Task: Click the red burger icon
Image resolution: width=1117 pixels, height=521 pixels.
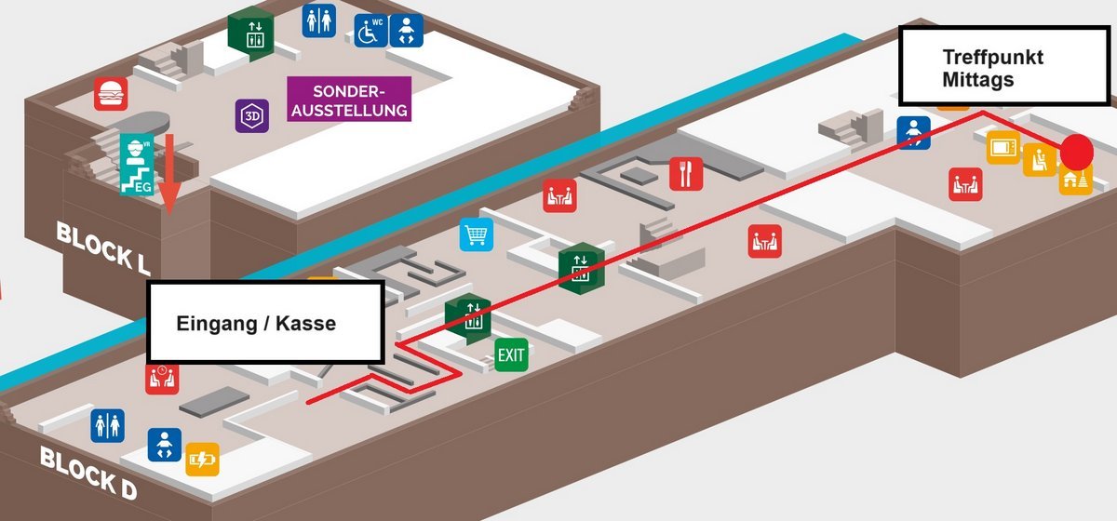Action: click(x=111, y=94)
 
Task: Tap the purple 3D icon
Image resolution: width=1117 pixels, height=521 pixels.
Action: click(x=251, y=115)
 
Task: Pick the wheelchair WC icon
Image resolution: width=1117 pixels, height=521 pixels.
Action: click(x=370, y=31)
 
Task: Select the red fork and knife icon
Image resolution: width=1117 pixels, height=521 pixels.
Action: click(x=686, y=173)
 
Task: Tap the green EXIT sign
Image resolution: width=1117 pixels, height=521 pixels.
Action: click(x=511, y=354)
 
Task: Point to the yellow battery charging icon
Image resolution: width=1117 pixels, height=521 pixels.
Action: click(x=202, y=460)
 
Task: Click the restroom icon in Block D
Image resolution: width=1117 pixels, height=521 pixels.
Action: click(x=107, y=425)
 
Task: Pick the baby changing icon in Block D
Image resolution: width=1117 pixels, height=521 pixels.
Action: click(x=164, y=445)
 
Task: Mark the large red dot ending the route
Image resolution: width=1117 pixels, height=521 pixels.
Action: click(x=1077, y=151)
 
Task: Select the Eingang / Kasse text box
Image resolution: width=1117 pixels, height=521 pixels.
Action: click(x=265, y=322)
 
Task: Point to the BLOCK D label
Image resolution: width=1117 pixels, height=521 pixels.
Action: click(x=87, y=472)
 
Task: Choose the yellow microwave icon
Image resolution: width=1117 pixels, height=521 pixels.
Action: click(x=1003, y=148)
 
